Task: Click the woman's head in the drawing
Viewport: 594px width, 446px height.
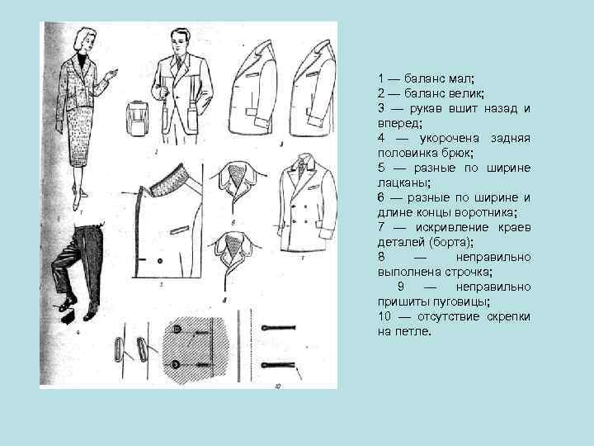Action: (85, 40)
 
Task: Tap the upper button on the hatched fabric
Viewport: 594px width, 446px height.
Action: (177, 330)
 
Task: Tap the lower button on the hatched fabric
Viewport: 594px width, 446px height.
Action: (177, 364)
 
